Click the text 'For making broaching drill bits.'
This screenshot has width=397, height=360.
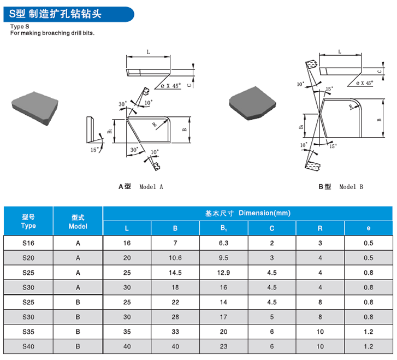52,33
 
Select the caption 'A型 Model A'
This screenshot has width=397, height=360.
141,186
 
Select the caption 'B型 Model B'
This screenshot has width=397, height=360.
341,186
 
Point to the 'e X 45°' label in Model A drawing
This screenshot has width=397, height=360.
170,86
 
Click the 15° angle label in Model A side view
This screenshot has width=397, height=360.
94,149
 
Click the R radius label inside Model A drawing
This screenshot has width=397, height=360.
155,125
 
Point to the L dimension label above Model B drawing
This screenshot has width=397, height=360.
340,51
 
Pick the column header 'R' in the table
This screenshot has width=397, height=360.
320,228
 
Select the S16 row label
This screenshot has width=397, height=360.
28,243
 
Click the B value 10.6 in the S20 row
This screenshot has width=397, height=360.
175,257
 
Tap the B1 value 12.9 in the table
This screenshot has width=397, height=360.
223,272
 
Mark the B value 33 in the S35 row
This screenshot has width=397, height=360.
175,331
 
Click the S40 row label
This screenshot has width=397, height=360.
28,346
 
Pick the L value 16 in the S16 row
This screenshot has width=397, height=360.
127,243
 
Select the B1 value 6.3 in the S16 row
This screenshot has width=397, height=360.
223,243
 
